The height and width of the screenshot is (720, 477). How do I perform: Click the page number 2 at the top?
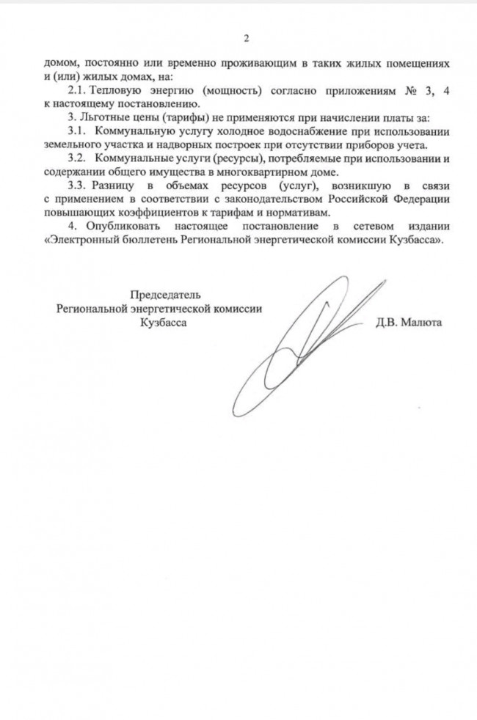(247, 38)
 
